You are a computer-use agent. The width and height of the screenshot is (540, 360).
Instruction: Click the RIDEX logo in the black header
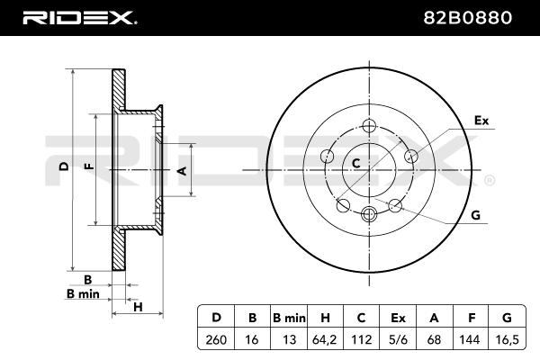(x=79, y=18)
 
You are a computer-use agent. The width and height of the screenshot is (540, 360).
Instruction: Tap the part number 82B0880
(x=467, y=18)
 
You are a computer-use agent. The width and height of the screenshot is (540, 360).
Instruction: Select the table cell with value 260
(x=216, y=339)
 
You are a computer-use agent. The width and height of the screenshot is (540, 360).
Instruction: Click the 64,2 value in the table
(x=324, y=339)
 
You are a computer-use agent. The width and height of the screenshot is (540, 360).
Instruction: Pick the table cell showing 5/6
(x=398, y=339)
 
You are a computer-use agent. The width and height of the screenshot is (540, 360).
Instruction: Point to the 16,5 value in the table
(x=507, y=339)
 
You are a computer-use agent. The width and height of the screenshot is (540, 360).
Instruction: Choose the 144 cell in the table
(x=470, y=339)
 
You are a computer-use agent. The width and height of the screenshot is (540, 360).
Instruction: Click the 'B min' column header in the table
(x=289, y=318)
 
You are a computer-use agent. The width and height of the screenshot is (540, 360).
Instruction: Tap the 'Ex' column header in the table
(x=398, y=318)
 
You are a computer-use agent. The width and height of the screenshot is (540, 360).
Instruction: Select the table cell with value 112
(x=361, y=339)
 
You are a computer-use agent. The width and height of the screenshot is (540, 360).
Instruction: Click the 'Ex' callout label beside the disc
(x=481, y=121)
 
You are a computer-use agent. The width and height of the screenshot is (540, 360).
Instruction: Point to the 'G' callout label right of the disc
(x=475, y=215)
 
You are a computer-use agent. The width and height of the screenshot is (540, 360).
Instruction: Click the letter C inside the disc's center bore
(x=356, y=163)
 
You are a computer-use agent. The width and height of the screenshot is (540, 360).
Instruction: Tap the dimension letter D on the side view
(x=64, y=166)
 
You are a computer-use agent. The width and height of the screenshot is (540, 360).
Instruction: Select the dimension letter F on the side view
(x=89, y=166)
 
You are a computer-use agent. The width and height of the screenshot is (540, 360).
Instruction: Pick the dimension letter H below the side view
(x=138, y=307)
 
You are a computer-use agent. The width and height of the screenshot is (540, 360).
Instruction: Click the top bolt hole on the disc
(x=369, y=126)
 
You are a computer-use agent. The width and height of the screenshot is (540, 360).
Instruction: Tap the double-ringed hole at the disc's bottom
(x=369, y=214)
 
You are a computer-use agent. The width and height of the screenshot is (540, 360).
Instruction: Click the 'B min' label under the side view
(x=83, y=294)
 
